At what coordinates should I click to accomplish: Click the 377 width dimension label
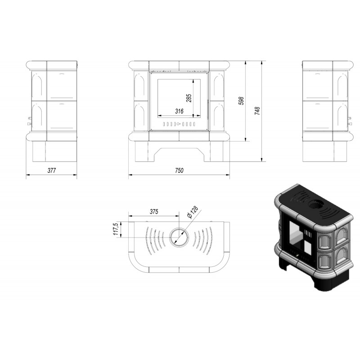[x=51, y=171]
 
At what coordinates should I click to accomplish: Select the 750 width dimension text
[x=179, y=171]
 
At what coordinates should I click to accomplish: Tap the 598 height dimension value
[x=241, y=101]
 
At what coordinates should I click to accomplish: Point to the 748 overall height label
[x=257, y=111]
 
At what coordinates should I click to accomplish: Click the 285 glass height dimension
[x=189, y=98]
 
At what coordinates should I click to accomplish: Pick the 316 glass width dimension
[x=179, y=111]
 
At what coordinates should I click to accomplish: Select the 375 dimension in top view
[x=154, y=211]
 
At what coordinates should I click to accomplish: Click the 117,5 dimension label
[x=116, y=229]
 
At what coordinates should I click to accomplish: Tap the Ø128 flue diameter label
[x=193, y=212]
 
